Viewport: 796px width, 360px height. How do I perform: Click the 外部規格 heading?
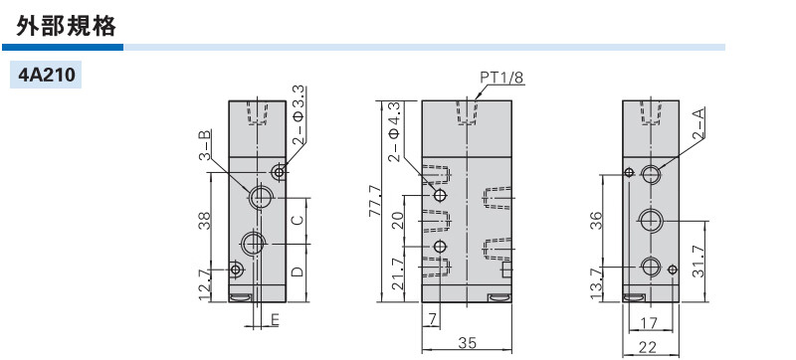pos(66,25)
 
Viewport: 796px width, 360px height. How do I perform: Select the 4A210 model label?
pos(46,75)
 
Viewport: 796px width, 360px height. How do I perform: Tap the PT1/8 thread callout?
pos(501,77)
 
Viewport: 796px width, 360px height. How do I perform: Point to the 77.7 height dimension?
pos(375,201)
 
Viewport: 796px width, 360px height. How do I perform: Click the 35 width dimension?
pos(467,343)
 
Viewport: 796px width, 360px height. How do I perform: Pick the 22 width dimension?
pos(648,347)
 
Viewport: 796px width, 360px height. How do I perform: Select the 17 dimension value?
pos(649,322)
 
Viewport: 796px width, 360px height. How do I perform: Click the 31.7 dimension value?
pos(698,261)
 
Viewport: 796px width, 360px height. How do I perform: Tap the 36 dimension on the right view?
pos(596,220)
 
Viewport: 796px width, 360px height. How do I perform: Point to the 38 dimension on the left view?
pos(204,221)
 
